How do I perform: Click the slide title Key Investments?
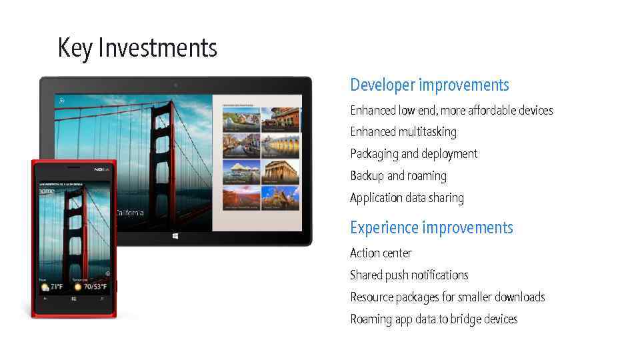pos(137,48)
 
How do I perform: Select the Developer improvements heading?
pos(429,85)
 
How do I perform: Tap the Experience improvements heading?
pos(431,228)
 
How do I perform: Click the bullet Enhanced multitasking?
pos(403,132)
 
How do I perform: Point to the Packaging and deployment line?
pos(413,154)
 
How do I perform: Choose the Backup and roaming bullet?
pos(398,176)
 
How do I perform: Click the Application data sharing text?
pos(407,198)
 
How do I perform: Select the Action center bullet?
pos(381,253)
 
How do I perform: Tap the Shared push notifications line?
pos(409,275)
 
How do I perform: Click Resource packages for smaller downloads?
pos(447,297)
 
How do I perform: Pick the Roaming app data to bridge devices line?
pos(433,319)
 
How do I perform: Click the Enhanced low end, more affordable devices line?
pos(451,111)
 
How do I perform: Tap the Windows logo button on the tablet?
pos(175,236)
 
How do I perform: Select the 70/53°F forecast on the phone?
pos(91,287)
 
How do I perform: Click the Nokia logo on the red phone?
pos(101,170)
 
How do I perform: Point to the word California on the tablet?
pos(130,213)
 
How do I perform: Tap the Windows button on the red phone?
pos(73,299)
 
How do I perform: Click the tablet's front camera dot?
pos(175,85)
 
